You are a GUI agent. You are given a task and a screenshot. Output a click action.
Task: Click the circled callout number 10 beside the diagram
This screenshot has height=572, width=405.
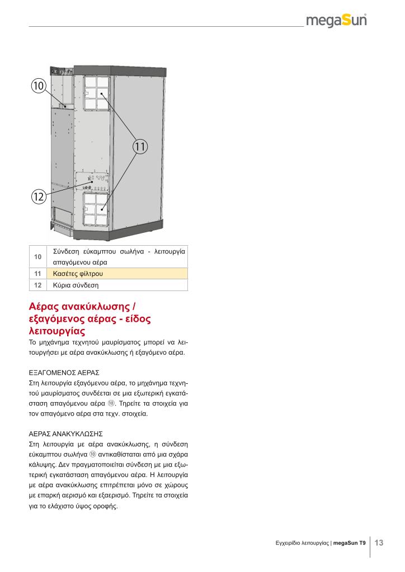click(x=37, y=85)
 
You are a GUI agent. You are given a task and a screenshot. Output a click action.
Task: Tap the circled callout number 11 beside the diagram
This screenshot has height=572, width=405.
click(x=139, y=147)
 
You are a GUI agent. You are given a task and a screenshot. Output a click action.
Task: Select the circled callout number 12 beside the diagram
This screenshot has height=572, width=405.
click(x=37, y=196)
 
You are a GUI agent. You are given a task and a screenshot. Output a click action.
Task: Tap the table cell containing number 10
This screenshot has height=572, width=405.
click(x=37, y=256)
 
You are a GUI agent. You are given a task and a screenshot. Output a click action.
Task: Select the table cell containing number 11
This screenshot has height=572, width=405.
click(x=37, y=274)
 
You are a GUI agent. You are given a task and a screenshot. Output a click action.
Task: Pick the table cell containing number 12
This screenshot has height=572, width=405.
click(x=37, y=285)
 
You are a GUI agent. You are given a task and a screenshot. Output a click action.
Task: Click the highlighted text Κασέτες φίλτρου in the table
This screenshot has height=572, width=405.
click(x=78, y=274)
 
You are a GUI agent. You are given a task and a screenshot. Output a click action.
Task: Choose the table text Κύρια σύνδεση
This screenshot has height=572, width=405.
click(x=76, y=285)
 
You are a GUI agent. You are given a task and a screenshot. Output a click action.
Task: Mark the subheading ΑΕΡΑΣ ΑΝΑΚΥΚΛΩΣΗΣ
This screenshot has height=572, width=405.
click(x=67, y=433)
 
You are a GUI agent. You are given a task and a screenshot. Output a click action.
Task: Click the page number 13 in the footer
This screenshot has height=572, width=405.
click(x=379, y=542)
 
